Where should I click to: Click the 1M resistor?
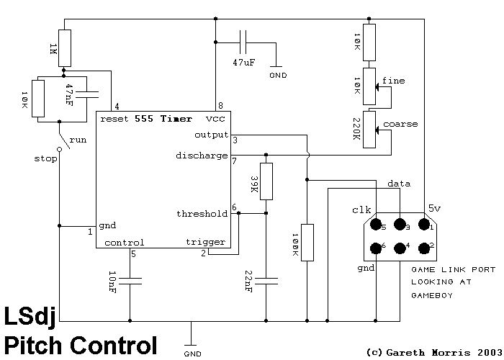(65, 48)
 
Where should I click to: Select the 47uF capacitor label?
(243, 63)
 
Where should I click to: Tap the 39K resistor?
(266, 181)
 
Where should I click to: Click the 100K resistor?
(307, 242)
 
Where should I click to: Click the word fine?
(394, 80)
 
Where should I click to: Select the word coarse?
(400, 124)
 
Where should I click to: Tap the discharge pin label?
(202, 156)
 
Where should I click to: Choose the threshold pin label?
(202, 214)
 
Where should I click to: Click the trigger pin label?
(205, 242)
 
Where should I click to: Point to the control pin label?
(124, 242)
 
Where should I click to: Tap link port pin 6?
(376, 248)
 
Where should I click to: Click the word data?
(399, 184)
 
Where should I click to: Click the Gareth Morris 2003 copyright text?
(431, 352)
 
